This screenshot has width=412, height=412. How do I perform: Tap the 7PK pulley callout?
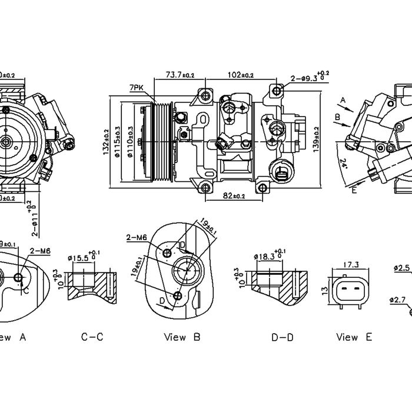[137, 88]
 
